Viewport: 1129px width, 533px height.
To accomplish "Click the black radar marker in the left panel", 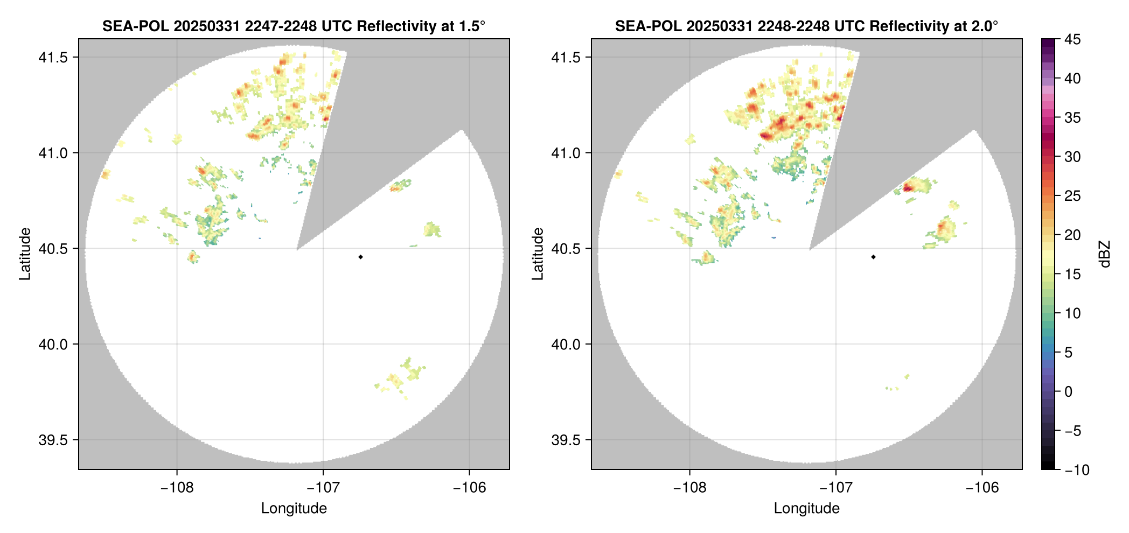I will click(x=360, y=257).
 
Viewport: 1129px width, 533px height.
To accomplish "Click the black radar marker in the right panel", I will click(x=873, y=257).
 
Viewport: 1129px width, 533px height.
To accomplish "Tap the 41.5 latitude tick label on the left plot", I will click(x=52, y=58).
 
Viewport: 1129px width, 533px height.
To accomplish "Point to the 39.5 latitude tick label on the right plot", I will click(x=565, y=440).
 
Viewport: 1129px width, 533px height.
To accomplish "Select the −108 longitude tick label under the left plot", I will click(x=177, y=488).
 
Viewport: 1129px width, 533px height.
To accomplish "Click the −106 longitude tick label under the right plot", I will click(x=982, y=488).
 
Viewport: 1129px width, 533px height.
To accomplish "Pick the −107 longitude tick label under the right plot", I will click(x=835, y=488).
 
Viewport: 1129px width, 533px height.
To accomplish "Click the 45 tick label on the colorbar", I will click(x=1072, y=39).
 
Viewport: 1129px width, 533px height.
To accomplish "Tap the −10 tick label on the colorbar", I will click(x=1077, y=470).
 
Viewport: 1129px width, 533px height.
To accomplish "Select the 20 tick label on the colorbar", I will click(x=1072, y=235).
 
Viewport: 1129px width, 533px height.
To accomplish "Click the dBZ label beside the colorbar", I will click(x=1105, y=254).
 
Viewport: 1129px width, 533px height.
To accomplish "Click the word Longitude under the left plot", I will click(x=294, y=508).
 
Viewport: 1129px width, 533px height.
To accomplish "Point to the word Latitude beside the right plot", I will click(x=538, y=254).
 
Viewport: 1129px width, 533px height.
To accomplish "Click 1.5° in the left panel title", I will click(x=472, y=26).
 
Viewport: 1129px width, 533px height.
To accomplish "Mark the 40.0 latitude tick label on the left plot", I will click(x=52, y=344).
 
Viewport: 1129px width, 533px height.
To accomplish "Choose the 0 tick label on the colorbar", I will click(x=1069, y=391).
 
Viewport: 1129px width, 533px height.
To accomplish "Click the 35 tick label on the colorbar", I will click(x=1072, y=117).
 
